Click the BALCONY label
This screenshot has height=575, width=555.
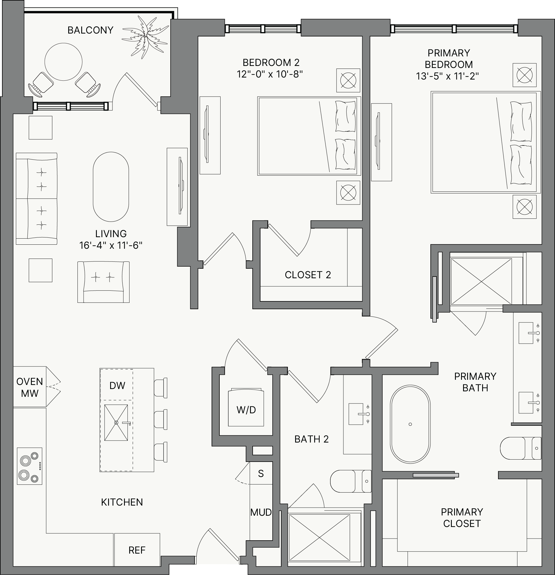(x=90, y=30)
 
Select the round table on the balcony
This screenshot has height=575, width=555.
(x=63, y=62)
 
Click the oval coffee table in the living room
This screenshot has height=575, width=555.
(x=111, y=187)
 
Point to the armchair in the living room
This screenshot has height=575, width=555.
(x=103, y=282)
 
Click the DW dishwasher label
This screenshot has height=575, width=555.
(x=117, y=386)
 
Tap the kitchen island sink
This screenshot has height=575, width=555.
(x=116, y=423)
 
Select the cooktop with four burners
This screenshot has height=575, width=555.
(x=29, y=466)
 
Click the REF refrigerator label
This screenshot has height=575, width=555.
(x=137, y=550)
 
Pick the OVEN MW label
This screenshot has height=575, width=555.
(x=29, y=387)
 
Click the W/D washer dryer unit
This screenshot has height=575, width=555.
(x=246, y=407)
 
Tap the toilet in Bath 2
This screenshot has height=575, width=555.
(x=351, y=481)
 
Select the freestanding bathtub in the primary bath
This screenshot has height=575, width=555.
(x=410, y=424)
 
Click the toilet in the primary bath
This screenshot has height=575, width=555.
(x=520, y=448)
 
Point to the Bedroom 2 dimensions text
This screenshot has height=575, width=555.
(x=270, y=74)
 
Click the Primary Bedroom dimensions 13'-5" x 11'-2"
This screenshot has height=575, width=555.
(x=447, y=76)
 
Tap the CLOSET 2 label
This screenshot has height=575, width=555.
(x=308, y=275)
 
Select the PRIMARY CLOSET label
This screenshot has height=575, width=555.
(x=462, y=518)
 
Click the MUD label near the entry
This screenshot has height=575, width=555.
(x=261, y=513)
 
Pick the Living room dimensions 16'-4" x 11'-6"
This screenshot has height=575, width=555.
(x=111, y=245)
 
